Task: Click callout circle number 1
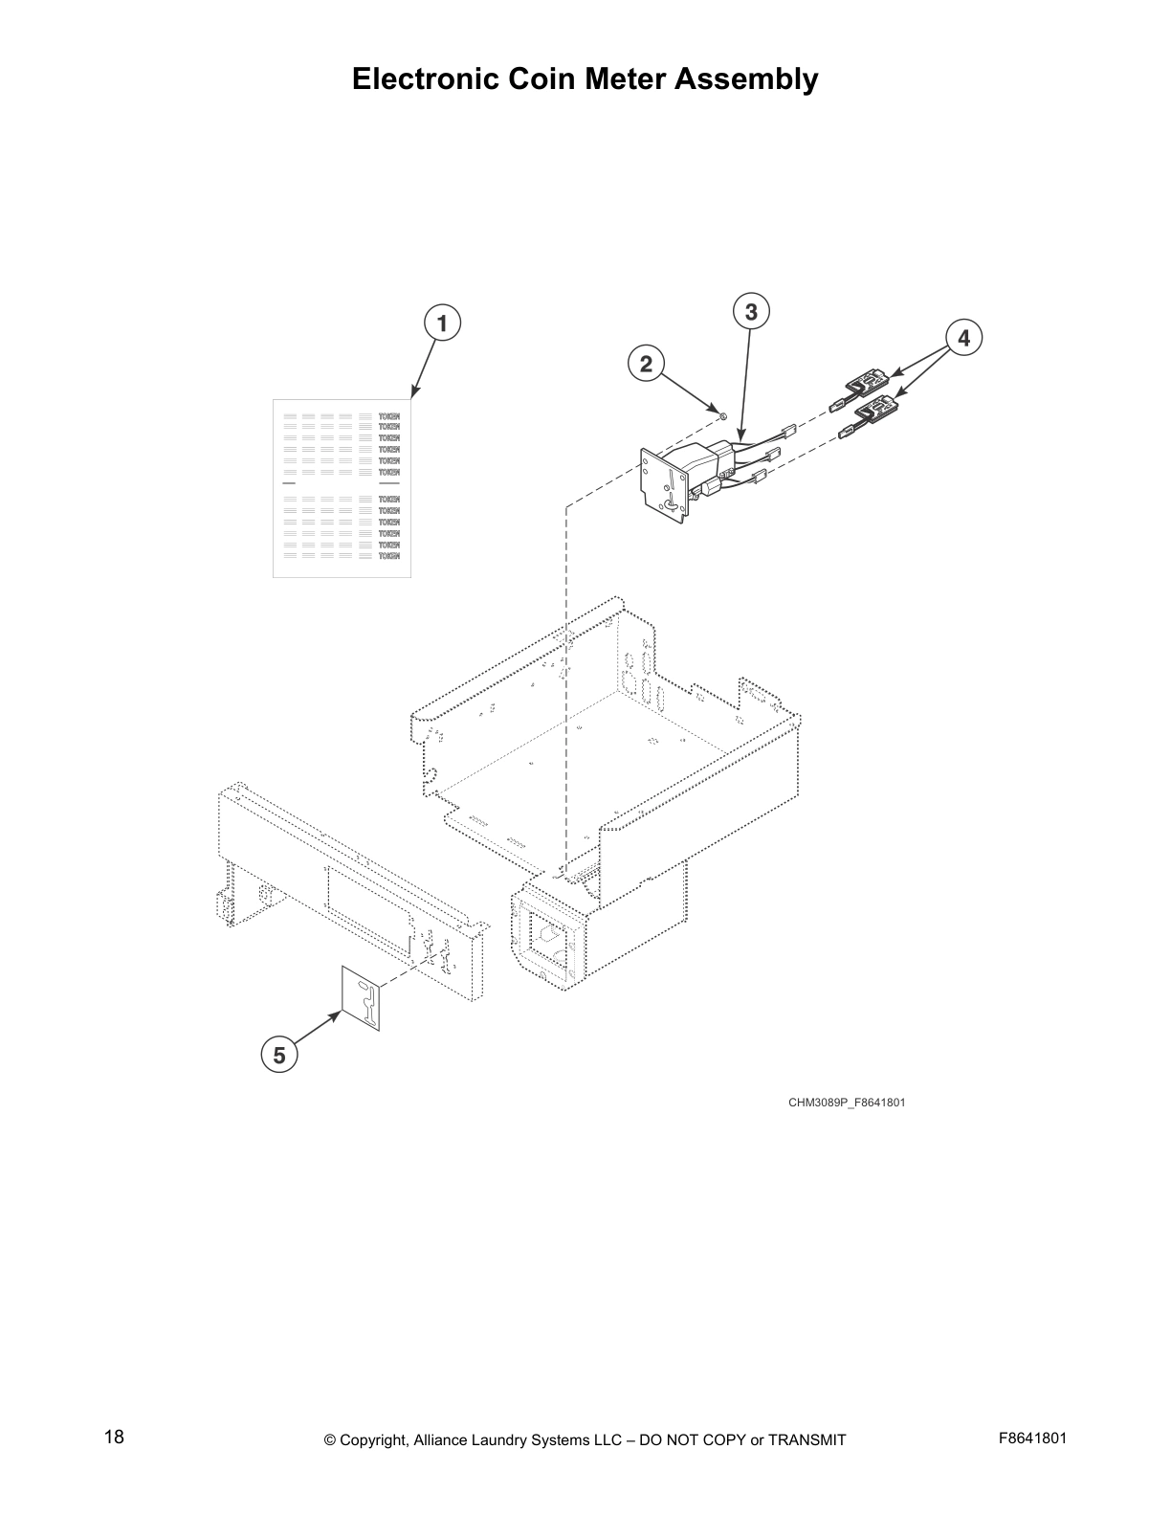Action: click(441, 323)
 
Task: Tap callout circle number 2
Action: click(646, 364)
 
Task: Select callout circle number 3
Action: click(751, 312)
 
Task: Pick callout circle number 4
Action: click(963, 338)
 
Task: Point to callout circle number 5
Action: click(278, 1056)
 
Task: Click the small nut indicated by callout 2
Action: click(723, 416)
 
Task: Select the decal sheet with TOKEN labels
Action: click(342, 488)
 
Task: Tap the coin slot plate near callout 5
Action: click(362, 998)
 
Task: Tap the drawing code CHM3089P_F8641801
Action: click(847, 1103)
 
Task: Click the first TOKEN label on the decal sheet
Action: click(389, 416)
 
